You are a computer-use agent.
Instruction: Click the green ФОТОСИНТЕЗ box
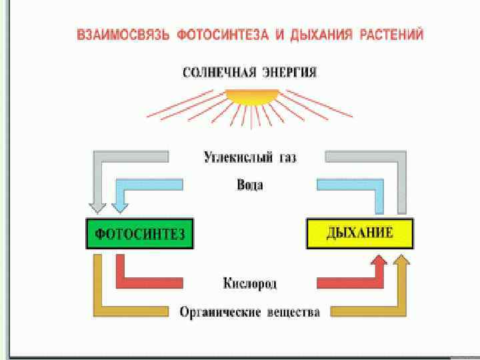(139, 233)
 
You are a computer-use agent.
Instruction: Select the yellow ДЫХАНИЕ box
(359, 233)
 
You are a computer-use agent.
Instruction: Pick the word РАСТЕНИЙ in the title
(391, 35)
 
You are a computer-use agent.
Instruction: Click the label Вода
(250, 184)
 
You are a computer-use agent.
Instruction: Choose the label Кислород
(249, 283)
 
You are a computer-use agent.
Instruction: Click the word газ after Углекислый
(287, 157)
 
